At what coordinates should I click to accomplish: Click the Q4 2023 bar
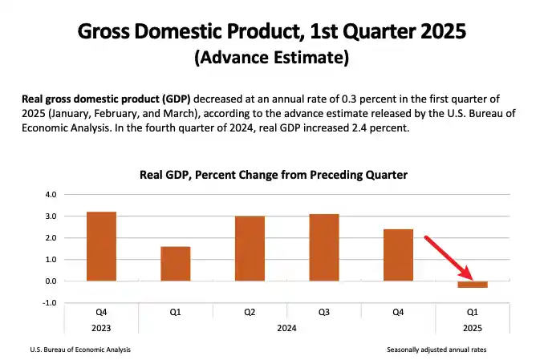pos(101,246)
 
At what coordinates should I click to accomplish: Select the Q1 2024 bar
pos(176,264)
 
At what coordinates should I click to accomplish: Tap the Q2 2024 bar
pos(250,249)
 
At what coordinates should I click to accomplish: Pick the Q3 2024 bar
pos(324,248)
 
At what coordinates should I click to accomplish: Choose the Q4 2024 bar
pos(398,255)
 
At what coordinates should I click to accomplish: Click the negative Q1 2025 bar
pos(473,285)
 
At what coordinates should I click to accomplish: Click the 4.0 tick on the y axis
pos(51,195)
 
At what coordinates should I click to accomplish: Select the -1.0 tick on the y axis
pos(51,303)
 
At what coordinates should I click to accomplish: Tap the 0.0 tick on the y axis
pos(51,281)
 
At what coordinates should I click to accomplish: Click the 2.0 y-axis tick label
pos(51,238)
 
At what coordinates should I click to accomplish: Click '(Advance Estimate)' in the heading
pos(271,59)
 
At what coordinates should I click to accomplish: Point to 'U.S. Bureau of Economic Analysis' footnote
pos(80,350)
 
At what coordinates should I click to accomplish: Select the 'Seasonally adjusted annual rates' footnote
pos(436,350)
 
